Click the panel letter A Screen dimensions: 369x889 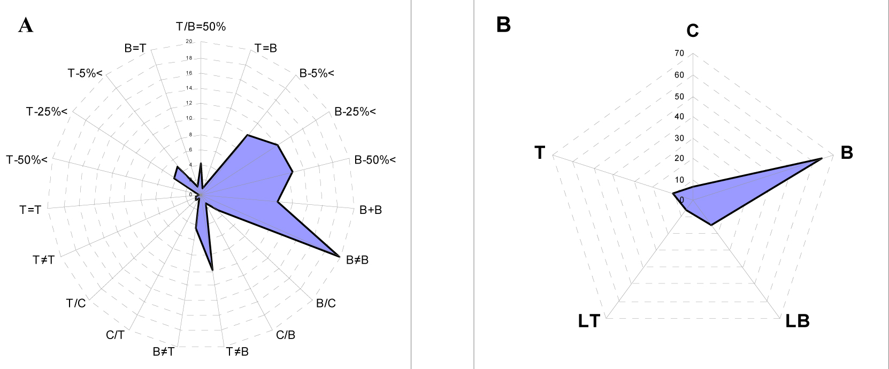click(x=26, y=25)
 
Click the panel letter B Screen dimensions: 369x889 click(x=503, y=25)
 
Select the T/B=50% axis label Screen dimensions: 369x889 click(x=201, y=27)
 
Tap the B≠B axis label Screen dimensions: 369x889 click(x=357, y=260)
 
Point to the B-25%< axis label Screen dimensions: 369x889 click(x=355, y=112)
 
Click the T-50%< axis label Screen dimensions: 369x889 click(x=27, y=160)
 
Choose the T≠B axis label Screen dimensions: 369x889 click(x=237, y=351)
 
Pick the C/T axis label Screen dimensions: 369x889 click(x=115, y=335)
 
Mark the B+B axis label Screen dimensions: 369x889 click(x=371, y=210)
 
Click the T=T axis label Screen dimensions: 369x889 click(x=30, y=210)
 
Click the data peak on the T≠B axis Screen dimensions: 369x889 click(x=213, y=271)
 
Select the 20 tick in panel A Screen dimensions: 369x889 click(x=189, y=42)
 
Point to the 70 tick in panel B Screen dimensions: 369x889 click(x=679, y=53)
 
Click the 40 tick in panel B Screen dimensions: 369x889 click(x=679, y=117)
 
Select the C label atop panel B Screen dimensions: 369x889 click(x=693, y=31)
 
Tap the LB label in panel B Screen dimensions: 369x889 click(x=798, y=321)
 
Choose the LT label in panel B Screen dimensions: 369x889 click(x=589, y=321)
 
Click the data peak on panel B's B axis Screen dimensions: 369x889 click(x=822, y=159)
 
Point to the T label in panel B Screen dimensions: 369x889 click(x=540, y=153)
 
